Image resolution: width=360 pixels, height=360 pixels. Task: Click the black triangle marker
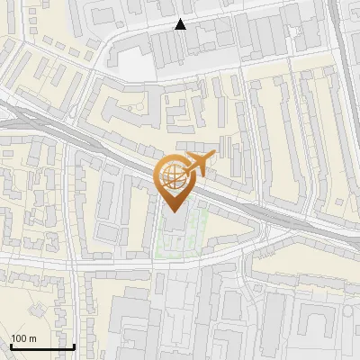point(181,24)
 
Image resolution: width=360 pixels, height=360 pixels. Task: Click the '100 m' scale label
point(23,338)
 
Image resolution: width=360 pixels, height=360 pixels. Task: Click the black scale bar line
point(42,346)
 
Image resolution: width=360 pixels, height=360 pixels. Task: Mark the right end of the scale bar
point(75,346)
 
